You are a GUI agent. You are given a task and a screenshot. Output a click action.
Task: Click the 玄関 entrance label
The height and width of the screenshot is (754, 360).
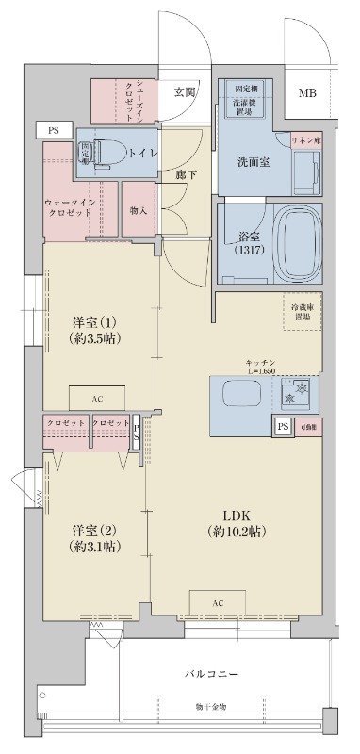tap(185, 91)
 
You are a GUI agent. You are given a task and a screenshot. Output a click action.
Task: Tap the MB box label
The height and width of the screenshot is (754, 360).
tap(308, 92)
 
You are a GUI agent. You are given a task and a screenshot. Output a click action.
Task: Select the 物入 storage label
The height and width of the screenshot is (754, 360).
tap(138, 210)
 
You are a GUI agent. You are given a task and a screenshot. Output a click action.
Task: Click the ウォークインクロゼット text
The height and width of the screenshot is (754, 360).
tap(69, 207)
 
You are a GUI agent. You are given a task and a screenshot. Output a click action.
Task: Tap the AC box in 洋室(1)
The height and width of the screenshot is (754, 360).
tap(97, 398)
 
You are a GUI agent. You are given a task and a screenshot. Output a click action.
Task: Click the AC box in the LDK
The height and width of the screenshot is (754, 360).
tap(217, 601)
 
